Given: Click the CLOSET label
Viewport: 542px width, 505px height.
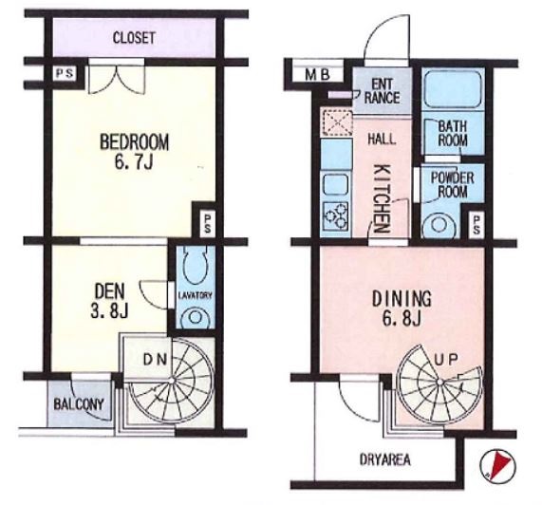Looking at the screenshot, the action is (x=134, y=38).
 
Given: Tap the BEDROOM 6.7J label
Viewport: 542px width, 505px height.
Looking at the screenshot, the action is (x=134, y=151).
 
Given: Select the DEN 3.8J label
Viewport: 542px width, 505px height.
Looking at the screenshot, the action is (x=109, y=301).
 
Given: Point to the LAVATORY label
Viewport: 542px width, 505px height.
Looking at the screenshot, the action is (x=195, y=295).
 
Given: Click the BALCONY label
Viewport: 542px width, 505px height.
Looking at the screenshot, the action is (x=79, y=404).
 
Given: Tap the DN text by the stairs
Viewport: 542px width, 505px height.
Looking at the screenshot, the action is (x=156, y=360).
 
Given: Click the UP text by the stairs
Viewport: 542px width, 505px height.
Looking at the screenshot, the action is (x=446, y=360).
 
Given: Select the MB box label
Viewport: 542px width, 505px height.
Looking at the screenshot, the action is (x=318, y=75).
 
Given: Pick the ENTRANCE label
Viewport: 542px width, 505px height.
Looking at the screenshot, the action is (x=382, y=91).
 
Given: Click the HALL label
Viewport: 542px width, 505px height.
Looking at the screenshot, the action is (x=382, y=139).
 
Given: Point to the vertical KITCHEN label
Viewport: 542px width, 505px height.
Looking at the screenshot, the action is (x=383, y=198).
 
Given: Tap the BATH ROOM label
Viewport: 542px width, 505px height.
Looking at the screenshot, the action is (x=453, y=134).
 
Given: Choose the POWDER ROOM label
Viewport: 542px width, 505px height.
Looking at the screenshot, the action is (x=452, y=185).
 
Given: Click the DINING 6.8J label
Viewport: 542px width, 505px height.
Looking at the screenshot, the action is (x=402, y=309).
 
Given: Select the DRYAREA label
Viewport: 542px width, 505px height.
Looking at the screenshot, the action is (x=385, y=459).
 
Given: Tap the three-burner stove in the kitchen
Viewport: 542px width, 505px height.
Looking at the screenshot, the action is (x=336, y=216).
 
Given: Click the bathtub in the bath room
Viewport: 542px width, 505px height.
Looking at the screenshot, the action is (x=453, y=89).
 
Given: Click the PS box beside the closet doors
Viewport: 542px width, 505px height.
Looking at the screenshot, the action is (x=65, y=74).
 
